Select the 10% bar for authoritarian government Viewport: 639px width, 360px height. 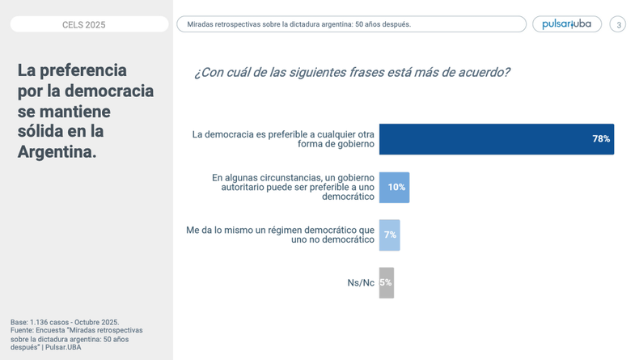[394, 187]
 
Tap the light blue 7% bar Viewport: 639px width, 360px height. [389, 235]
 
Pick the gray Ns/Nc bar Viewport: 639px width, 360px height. [386, 282]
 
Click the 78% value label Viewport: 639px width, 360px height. [601, 139]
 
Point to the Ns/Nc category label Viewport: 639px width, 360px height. [361, 283]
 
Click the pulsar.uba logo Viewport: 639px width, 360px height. [566, 24]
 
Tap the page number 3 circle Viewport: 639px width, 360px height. [618, 24]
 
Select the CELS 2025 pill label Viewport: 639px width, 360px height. [84, 24]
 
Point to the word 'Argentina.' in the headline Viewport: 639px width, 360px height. [57, 150]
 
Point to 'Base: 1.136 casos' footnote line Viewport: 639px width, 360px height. [65, 322]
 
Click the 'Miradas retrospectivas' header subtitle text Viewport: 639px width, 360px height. [299, 24]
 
